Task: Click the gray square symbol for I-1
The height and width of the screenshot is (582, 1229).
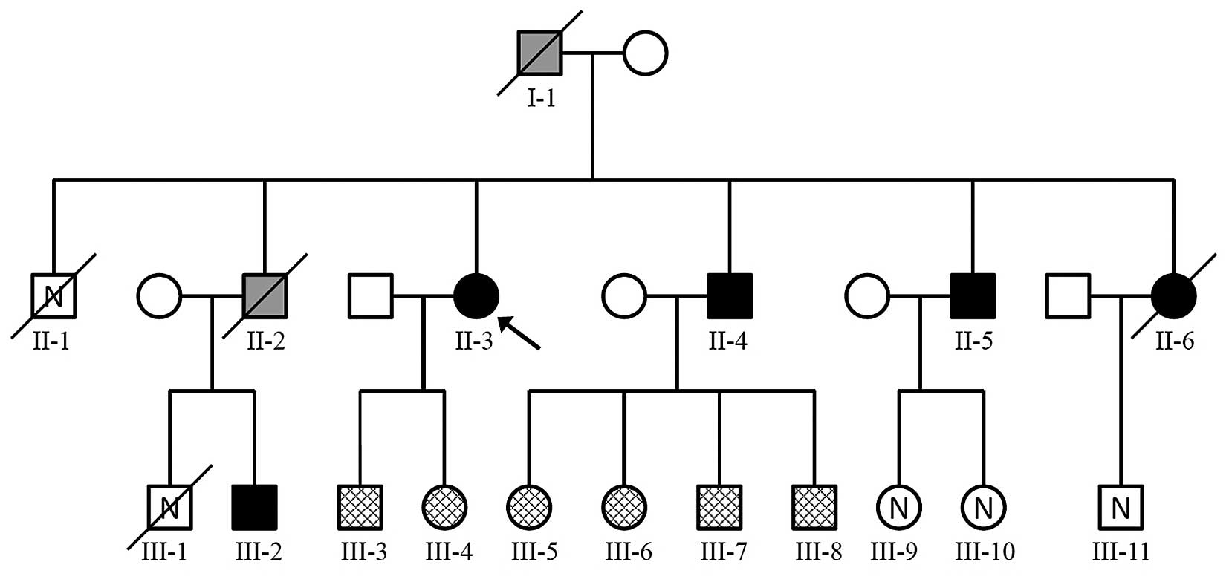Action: point(539,53)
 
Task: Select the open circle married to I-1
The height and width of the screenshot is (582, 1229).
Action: point(645,53)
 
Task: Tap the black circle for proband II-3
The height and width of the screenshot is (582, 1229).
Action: point(476,295)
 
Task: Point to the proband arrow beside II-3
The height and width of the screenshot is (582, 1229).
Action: point(519,332)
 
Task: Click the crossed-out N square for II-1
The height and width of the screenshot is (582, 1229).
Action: point(53,296)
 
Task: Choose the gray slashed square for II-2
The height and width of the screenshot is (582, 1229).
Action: point(265,295)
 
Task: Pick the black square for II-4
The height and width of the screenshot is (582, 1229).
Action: point(730,295)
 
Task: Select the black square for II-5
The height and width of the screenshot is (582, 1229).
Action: point(973,295)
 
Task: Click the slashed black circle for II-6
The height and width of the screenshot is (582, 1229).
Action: point(1174,295)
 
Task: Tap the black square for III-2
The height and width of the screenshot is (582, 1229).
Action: point(255,508)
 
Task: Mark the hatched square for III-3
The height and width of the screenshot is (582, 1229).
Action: point(360,508)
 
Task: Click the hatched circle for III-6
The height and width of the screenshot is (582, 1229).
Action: point(624,508)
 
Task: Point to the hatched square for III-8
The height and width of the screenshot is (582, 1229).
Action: point(814,508)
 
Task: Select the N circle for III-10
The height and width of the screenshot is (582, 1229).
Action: point(983,508)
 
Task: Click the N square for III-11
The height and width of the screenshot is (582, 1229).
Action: point(1121,508)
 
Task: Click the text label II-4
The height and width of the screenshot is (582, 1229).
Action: point(728,341)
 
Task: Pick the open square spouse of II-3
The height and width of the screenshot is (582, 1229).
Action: point(371,295)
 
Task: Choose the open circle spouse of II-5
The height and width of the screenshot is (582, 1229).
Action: point(867,295)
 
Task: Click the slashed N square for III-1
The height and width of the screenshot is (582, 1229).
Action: point(170,508)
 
